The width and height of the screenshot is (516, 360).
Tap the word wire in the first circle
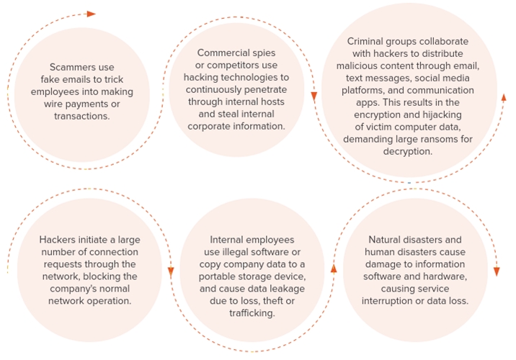tap(53, 104)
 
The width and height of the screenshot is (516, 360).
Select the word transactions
tap(82, 116)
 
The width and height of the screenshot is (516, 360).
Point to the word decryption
tap(408, 151)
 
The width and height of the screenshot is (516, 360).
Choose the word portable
tap(214, 276)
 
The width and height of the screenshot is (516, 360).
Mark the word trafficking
tap(252, 313)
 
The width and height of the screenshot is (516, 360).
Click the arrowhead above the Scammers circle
tap(91, 14)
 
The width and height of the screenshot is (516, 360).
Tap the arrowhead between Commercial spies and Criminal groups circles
tap(314, 96)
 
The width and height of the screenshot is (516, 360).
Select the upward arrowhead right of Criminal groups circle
tap(504, 97)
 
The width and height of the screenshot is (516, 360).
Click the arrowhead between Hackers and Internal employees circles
tap(171, 271)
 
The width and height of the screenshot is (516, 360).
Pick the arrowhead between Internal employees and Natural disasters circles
tap(334, 269)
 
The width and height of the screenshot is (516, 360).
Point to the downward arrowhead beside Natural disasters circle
tap(497, 271)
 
